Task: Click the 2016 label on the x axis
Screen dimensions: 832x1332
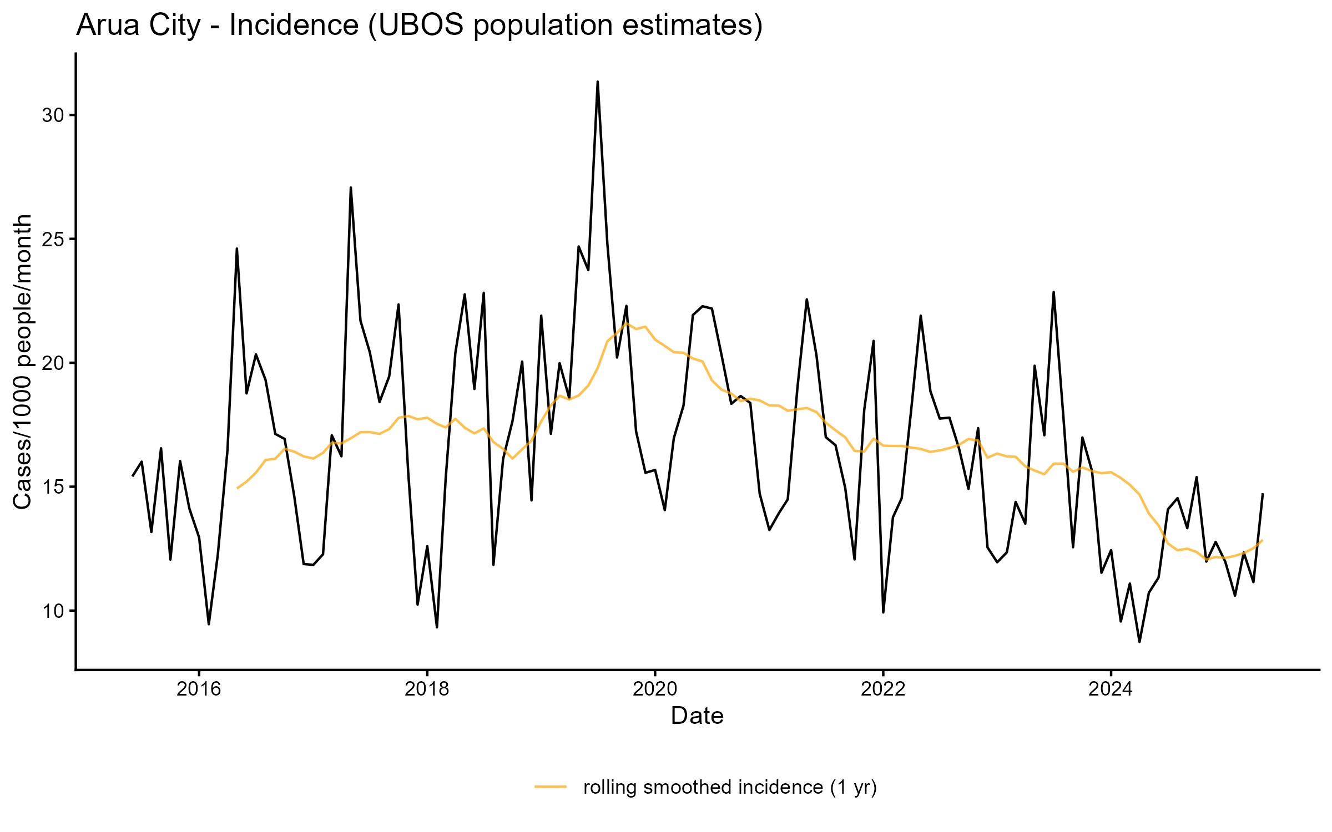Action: [199, 689]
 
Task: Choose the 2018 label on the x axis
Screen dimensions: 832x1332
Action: [427, 689]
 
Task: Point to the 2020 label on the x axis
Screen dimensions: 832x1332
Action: [655, 689]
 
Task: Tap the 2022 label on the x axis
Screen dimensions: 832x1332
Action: [883, 689]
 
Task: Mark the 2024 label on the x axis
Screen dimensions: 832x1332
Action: [1111, 689]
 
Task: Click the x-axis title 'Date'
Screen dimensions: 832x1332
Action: [697, 716]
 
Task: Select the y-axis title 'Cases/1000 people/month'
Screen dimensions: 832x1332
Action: [23, 362]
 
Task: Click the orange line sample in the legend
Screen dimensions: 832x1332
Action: [551, 787]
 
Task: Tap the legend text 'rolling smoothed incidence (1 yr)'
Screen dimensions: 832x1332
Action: [730, 787]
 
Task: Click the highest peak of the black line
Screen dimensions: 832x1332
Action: [597, 82]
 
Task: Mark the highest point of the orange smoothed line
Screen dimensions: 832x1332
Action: [627, 323]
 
